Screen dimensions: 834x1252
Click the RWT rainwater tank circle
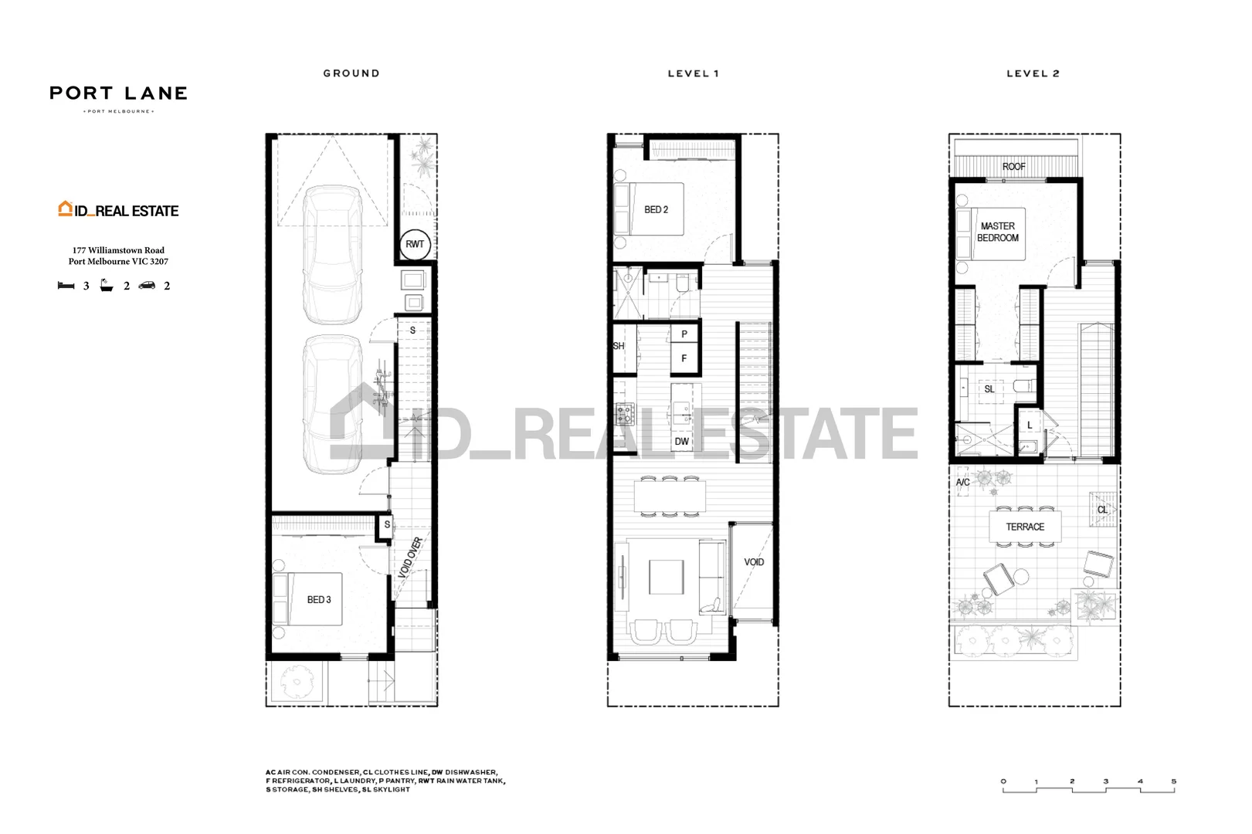point(415,244)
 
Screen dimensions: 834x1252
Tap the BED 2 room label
point(656,209)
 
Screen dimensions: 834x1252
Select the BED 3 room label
point(318,599)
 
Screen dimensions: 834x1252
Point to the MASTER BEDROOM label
point(997,232)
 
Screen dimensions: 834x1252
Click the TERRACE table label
point(1025,527)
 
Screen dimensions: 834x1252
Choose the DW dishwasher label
point(681,442)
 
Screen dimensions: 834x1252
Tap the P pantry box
point(684,334)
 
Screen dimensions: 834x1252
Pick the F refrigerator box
point(684,358)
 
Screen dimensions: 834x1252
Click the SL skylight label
point(989,389)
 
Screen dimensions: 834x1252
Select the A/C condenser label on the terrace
point(962,482)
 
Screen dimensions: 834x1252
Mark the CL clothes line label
point(1102,510)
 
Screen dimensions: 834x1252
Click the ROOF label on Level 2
point(1013,167)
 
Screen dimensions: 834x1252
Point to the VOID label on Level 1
point(754,562)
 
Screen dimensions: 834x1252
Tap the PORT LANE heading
point(118,93)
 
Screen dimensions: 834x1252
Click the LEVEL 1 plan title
point(693,73)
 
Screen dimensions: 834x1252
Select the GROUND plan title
point(351,73)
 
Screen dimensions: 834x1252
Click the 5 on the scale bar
point(1173,781)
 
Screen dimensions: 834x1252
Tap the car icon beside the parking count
point(147,286)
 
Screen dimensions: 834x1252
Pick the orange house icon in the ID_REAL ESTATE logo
point(65,208)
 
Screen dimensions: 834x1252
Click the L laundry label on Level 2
point(1029,425)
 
